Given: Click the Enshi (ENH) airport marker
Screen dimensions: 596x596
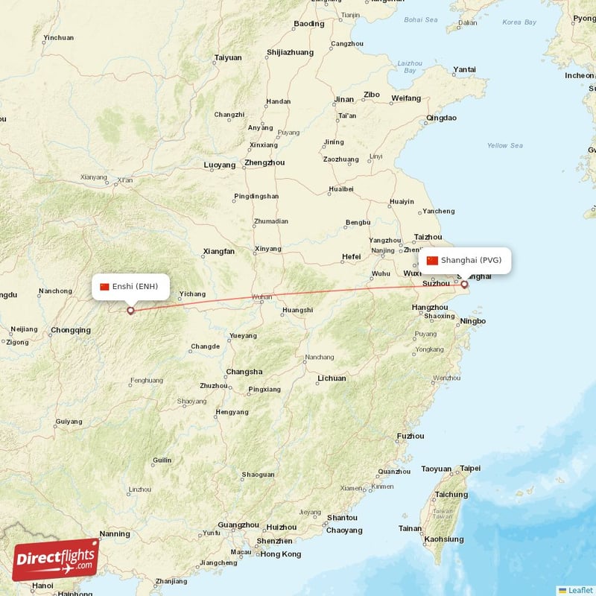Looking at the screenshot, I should [130, 311].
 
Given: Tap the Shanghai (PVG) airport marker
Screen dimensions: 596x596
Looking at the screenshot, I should [464, 284].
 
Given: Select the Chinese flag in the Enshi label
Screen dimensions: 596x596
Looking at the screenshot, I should [104, 287].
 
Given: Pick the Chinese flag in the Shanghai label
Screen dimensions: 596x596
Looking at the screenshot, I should [432, 261].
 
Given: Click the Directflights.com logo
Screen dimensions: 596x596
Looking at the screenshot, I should [56, 559].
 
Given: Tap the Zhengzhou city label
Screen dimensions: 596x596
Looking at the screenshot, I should [264, 162].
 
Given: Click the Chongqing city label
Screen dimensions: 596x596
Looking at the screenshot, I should [71, 330].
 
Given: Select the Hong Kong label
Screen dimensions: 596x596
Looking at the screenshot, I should [280, 554].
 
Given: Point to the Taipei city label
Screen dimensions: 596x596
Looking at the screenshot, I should [470, 469].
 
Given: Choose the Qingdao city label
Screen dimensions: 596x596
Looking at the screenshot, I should [441, 118].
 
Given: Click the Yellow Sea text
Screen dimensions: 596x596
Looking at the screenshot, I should [504, 145].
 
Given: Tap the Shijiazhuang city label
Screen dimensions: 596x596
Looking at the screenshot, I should [290, 52].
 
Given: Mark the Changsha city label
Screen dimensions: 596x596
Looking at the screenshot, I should [244, 372].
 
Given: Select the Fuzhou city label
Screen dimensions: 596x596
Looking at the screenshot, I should [410, 436].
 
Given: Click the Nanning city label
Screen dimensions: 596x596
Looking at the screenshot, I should [115, 533].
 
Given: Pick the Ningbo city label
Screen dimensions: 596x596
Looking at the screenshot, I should [473, 321].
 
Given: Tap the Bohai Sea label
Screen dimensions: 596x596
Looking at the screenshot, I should [421, 19].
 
